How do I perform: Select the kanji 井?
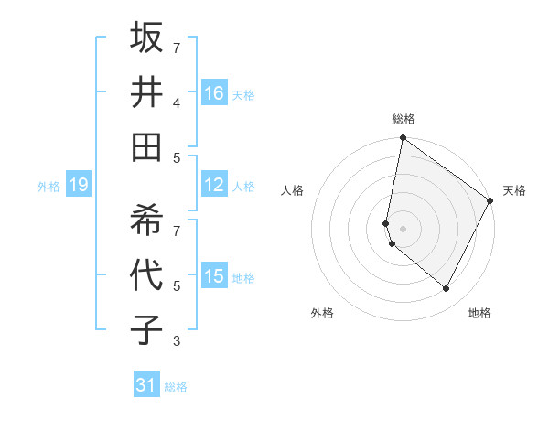(x=146, y=91)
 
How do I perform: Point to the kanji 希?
(x=146, y=220)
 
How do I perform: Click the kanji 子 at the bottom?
(x=146, y=330)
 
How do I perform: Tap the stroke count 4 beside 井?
(x=177, y=103)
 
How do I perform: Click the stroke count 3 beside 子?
(x=177, y=342)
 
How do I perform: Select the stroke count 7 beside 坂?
(x=177, y=48)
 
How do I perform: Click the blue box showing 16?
(x=214, y=93)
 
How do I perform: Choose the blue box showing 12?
(x=214, y=185)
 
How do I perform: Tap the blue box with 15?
(x=214, y=276)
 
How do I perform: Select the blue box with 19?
(x=78, y=185)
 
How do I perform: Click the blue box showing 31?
(x=146, y=385)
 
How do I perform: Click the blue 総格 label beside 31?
(x=176, y=387)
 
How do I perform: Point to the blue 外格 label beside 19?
(x=48, y=187)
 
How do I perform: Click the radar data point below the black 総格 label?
(x=403, y=139)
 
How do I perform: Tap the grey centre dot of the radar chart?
(x=403, y=228)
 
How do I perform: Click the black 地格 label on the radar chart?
(x=479, y=314)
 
